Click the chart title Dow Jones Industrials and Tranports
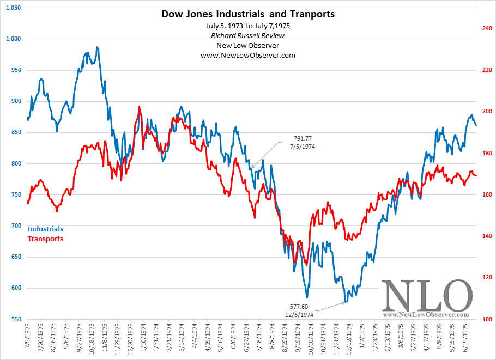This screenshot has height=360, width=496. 248,14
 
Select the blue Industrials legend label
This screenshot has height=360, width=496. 45,229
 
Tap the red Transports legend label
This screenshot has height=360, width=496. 45,239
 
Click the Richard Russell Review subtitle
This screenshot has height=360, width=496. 248,35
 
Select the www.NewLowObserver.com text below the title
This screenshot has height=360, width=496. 248,55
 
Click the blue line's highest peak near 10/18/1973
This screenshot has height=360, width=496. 97,47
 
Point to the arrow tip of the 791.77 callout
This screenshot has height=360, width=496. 251,167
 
